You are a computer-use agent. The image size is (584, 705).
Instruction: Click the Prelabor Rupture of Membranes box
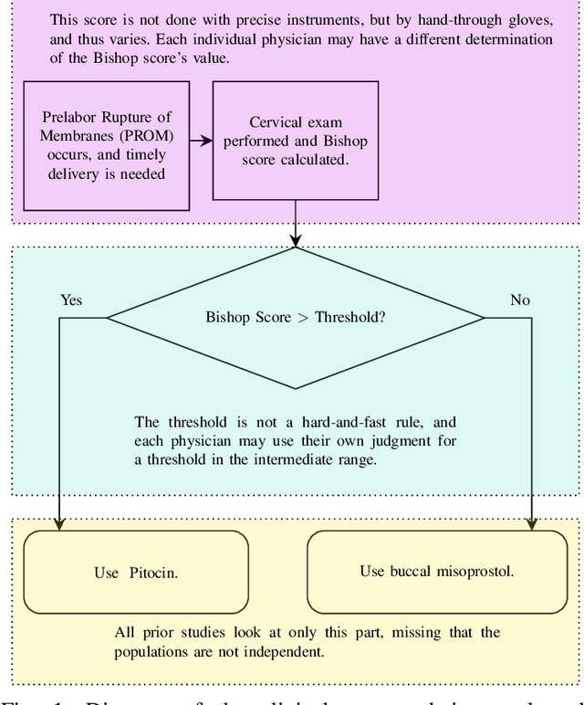(106, 144)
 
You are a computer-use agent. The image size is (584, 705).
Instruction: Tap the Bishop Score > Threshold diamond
(296, 318)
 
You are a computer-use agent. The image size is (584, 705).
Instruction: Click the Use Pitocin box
(136, 573)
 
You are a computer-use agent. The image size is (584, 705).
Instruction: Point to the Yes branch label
(71, 300)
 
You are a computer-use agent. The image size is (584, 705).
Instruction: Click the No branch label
(520, 300)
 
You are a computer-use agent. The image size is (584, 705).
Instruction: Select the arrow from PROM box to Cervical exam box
(201, 141)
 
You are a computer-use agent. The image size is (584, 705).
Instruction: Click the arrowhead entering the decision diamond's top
(296, 241)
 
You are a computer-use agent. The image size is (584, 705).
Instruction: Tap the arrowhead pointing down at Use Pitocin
(60, 524)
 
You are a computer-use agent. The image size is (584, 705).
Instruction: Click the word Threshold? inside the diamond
(349, 318)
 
